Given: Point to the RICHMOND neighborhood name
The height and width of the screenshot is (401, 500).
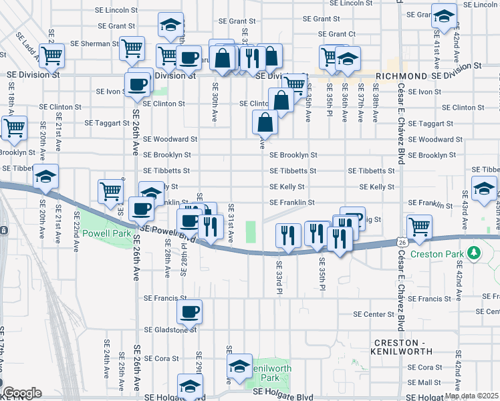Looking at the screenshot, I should [x=401, y=77].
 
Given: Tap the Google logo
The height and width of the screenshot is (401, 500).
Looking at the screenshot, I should [x=21, y=393].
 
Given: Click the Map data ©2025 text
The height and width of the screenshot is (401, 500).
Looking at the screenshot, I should [x=471, y=396].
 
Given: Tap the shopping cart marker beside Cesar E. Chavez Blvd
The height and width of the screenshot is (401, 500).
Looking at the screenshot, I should [x=419, y=227].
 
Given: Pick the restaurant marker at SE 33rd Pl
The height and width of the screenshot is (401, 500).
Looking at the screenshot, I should [x=287, y=236].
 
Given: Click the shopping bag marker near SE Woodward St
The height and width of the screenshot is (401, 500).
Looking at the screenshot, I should [x=265, y=122].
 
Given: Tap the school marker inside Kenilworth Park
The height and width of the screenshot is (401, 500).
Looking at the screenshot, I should [x=239, y=366].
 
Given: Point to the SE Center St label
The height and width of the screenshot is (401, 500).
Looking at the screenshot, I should [x=374, y=314].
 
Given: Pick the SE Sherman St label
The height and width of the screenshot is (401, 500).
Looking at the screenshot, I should [x=94, y=43].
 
